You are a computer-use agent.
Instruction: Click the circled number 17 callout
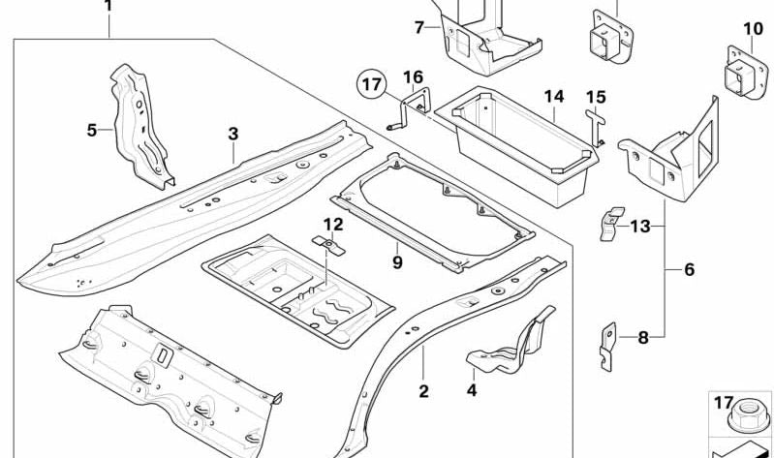click(372, 85)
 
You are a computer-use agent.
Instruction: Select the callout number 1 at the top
click(108, 7)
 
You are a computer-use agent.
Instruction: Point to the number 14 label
click(553, 97)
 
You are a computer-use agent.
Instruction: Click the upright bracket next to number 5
click(140, 126)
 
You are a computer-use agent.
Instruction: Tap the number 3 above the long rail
click(232, 133)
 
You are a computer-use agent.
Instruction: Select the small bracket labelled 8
click(605, 344)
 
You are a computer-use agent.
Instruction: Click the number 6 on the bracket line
click(689, 269)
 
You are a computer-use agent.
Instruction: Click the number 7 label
click(419, 27)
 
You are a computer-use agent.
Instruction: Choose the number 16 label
click(413, 76)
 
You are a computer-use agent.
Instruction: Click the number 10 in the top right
click(753, 29)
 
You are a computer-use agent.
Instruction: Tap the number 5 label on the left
click(92, 130)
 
